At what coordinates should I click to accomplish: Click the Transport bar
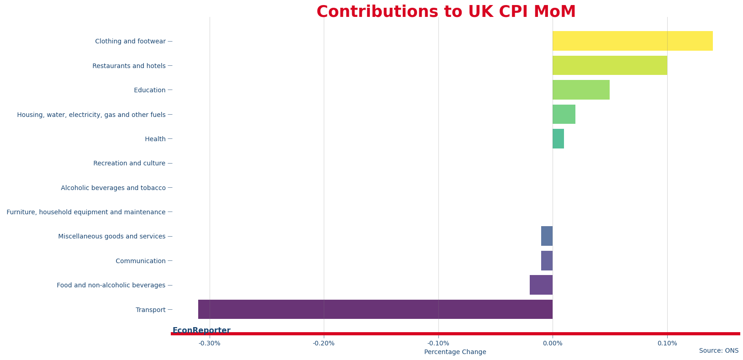point(375,309)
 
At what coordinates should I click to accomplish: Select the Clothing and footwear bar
point(632,41)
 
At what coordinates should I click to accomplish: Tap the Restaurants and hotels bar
point(610,65)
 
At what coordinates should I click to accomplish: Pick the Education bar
point(581,90)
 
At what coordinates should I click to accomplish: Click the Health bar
point(558,139)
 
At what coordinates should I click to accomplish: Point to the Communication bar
point(547,261)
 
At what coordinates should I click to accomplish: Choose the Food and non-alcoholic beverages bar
point(541,285)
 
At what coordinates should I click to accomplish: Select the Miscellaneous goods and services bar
point(547,236)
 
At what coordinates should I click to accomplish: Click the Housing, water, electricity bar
point(564,114)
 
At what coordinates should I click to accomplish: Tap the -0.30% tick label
point(210,344)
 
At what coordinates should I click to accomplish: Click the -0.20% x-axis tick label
point(324,344)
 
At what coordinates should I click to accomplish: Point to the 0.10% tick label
point(667,344)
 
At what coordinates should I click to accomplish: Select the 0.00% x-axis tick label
point(553,344)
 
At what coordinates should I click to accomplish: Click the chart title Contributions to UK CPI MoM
point(446,12)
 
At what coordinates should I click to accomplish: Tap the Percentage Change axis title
point(455,352)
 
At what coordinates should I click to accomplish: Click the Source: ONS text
point(718,351)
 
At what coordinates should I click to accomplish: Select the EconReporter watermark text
point(201,330)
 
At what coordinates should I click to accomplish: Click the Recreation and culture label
point(129,164)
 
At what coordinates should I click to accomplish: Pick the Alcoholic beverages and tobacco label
point(113,188)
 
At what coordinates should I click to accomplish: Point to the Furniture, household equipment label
point(86,212)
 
